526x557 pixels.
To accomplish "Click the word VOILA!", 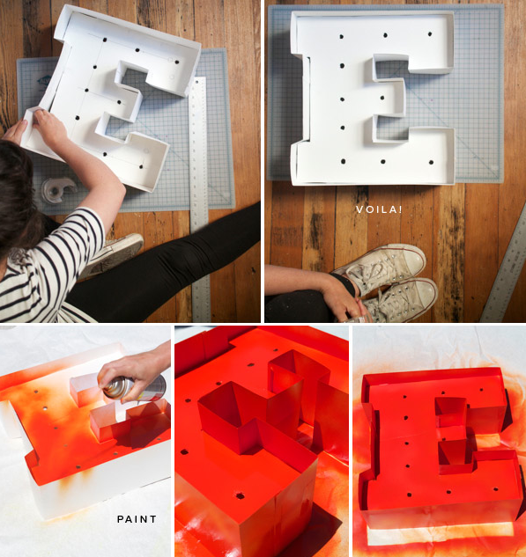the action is (x=379, y=209).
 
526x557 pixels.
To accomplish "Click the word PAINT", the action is (x=137, y=519).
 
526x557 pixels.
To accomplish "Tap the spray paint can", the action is (x=135, y=389).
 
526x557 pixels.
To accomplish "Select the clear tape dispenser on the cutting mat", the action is (x=58, y=190).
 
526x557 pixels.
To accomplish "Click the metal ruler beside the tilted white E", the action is (x=199, y=199).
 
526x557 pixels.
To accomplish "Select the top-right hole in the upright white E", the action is (x=430, y=34).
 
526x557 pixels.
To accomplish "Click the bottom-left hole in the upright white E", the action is (x=344, y=162).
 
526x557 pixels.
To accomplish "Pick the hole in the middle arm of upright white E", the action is (x=382, y=98).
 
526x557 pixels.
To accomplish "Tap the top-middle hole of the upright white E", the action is (x=385, y=35).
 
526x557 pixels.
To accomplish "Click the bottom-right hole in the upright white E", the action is (x=431, y=162).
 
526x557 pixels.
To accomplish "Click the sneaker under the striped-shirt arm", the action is (x=113, y=253).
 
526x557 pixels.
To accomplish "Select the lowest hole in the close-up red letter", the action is (x=241, y=495).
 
